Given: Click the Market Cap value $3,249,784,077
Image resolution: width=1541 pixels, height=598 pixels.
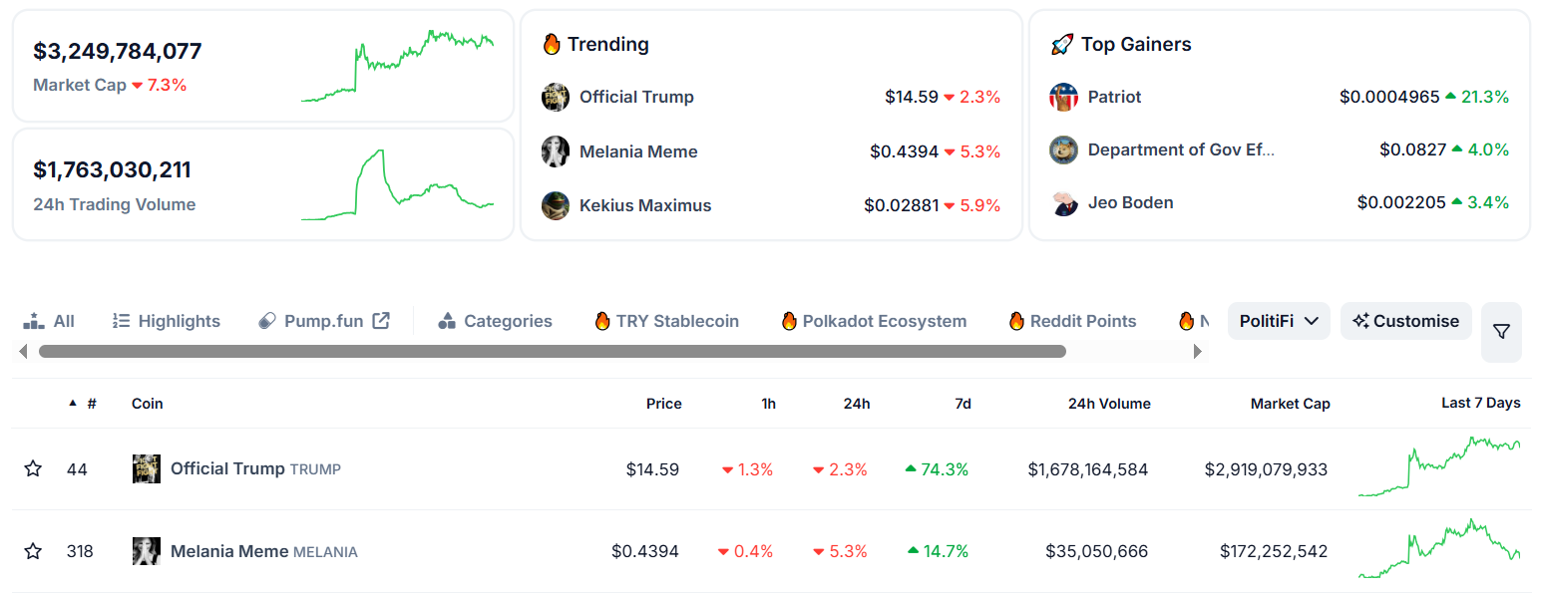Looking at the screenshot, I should (118, 52).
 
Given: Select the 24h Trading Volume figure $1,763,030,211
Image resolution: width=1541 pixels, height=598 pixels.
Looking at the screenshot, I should (112, 170).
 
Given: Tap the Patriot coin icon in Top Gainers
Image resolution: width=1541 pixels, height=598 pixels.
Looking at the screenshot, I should (1064, 97).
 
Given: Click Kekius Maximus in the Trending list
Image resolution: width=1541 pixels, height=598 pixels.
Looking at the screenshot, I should (645, 205).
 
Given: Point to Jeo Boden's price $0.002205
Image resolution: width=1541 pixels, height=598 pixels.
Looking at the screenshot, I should (1401, 202).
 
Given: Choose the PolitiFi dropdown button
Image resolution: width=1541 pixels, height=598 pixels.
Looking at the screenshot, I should (1279, 321).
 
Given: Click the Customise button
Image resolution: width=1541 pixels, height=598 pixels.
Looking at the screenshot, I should (1405, 321).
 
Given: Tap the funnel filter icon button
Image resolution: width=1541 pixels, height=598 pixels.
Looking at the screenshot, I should (1501, 332).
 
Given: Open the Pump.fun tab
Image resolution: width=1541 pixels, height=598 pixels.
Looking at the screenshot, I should (324, 321).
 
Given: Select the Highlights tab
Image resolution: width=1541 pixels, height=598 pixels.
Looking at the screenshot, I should (167, 321).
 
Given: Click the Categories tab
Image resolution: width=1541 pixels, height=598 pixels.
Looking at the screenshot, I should (496, 321).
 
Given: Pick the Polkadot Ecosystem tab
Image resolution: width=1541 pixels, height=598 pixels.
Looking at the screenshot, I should (874, 321).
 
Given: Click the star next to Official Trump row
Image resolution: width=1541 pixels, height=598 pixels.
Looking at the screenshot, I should (33, 468).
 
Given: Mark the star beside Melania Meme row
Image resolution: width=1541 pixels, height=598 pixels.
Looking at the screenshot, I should (33, 551).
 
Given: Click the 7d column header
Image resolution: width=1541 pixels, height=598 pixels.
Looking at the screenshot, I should (962, 404).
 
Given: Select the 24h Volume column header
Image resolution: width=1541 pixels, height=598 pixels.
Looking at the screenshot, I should (1109, 404).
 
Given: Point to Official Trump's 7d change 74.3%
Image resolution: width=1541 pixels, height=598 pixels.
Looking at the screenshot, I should (938, 469).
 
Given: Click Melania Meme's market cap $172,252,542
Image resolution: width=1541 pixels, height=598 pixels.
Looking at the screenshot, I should (1273, 551).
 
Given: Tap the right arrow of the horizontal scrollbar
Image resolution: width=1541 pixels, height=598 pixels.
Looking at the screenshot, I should (1198, 351).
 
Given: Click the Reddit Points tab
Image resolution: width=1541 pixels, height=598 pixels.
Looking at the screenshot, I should (1073, 321).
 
